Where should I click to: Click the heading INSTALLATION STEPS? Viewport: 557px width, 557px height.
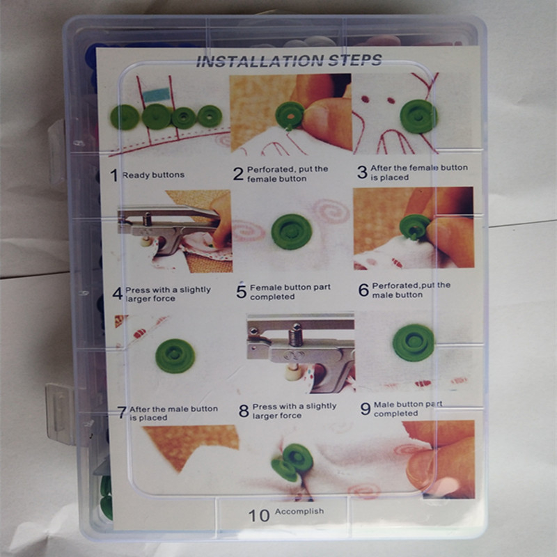click(x=289, y=61)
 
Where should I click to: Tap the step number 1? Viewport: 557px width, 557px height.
click(x=113, y=175)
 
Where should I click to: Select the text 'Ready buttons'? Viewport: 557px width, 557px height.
click(x=153, y=175)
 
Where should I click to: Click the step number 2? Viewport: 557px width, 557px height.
click(x=238, y=173)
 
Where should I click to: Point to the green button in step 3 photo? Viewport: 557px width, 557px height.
click(x=418, y=116)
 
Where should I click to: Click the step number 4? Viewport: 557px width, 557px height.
click(x=117, y=294)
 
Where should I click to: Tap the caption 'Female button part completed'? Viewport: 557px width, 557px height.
click(x=290, y=292)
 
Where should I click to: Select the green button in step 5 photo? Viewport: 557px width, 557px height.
click(x=291, y=232)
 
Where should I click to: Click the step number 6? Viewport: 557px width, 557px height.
click(x=363, y=290)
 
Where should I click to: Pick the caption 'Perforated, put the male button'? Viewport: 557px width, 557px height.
click(x=411, y=290)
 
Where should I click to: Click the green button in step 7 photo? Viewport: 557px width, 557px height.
click(x=175, y=356)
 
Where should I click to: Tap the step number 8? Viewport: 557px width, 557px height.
click(x=244, y=411)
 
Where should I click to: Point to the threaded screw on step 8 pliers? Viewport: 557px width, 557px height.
click(x=296, y=335)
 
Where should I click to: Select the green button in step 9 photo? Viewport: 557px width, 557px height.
click(x=414, y=343)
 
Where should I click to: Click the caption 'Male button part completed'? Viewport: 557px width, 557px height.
click(x=408, y=409)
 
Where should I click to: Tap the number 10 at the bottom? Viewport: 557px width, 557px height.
click(x=259, y=516)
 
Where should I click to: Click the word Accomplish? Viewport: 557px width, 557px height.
click(x=299, y=511)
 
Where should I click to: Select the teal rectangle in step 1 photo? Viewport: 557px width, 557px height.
click(x=156, y=95)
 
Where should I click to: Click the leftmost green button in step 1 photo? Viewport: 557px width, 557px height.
click(x=125, y=117)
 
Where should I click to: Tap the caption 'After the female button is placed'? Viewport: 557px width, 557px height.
click(x=419, y=172)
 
